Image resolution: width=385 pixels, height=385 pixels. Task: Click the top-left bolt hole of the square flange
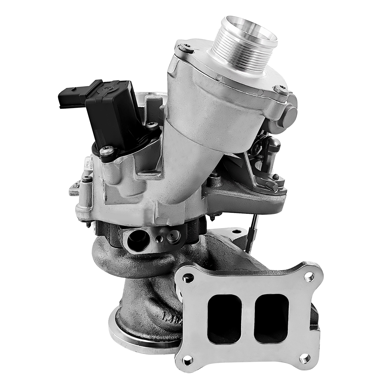(x=189, y=277)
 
